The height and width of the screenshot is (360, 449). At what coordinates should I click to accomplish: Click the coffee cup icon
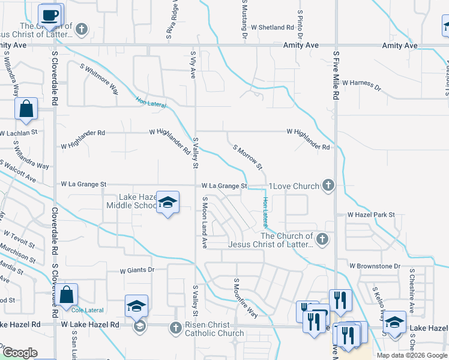point(50,15)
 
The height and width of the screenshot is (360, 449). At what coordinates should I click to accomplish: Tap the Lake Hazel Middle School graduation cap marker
point(168,202)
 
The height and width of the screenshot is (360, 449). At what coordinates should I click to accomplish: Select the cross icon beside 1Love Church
point(328,186)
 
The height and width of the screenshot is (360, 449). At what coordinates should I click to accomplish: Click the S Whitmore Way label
point(98,80)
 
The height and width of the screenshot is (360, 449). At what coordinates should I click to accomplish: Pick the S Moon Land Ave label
point(205,223)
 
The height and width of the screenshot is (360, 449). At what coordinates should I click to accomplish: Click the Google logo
point(20,353)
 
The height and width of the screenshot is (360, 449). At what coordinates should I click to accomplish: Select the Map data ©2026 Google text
point(412,355)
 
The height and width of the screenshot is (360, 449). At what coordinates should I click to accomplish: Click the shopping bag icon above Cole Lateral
point(67,295)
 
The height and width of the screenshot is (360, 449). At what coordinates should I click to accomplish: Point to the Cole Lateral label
point(87,310)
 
